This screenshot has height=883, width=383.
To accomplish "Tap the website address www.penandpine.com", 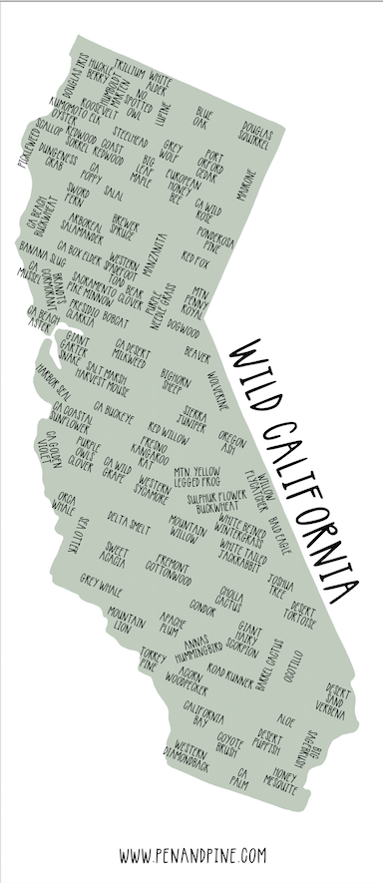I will click(192, 854).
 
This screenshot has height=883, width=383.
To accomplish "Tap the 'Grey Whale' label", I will click(101, 580).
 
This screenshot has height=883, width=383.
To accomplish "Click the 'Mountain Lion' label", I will click(127, 620).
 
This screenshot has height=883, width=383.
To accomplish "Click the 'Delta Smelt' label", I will click(129, 520).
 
